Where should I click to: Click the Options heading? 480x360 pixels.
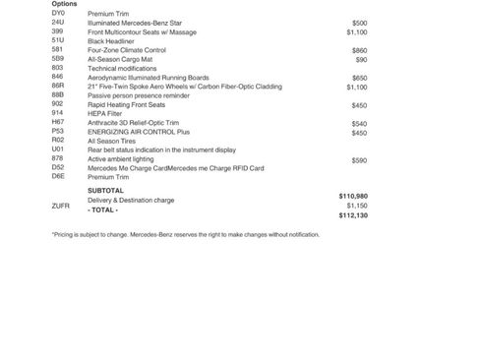[x=65, y=4]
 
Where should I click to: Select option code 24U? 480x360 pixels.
[x=58, y=23]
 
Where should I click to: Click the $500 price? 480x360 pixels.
[x=359, y=23]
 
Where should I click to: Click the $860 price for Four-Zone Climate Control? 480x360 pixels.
[x=359, y=50]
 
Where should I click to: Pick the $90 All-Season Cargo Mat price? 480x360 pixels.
[x=361, y=59]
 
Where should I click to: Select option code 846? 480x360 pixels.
[x=58, y=77]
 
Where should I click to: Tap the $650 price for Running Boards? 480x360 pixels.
[x=359, y=78]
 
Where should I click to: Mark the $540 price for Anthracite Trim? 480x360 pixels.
[x=359, y=124]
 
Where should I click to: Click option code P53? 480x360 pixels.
[x=58, y=131]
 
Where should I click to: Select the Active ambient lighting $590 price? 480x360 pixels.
[x=359, y=160]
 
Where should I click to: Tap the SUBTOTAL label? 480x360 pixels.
[x=105, y=190]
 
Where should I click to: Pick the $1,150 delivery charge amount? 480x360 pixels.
[x=356, y=206]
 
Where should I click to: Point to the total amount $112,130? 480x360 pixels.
[x=352, y=215]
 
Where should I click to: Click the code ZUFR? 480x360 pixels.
[x=60, y=207]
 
